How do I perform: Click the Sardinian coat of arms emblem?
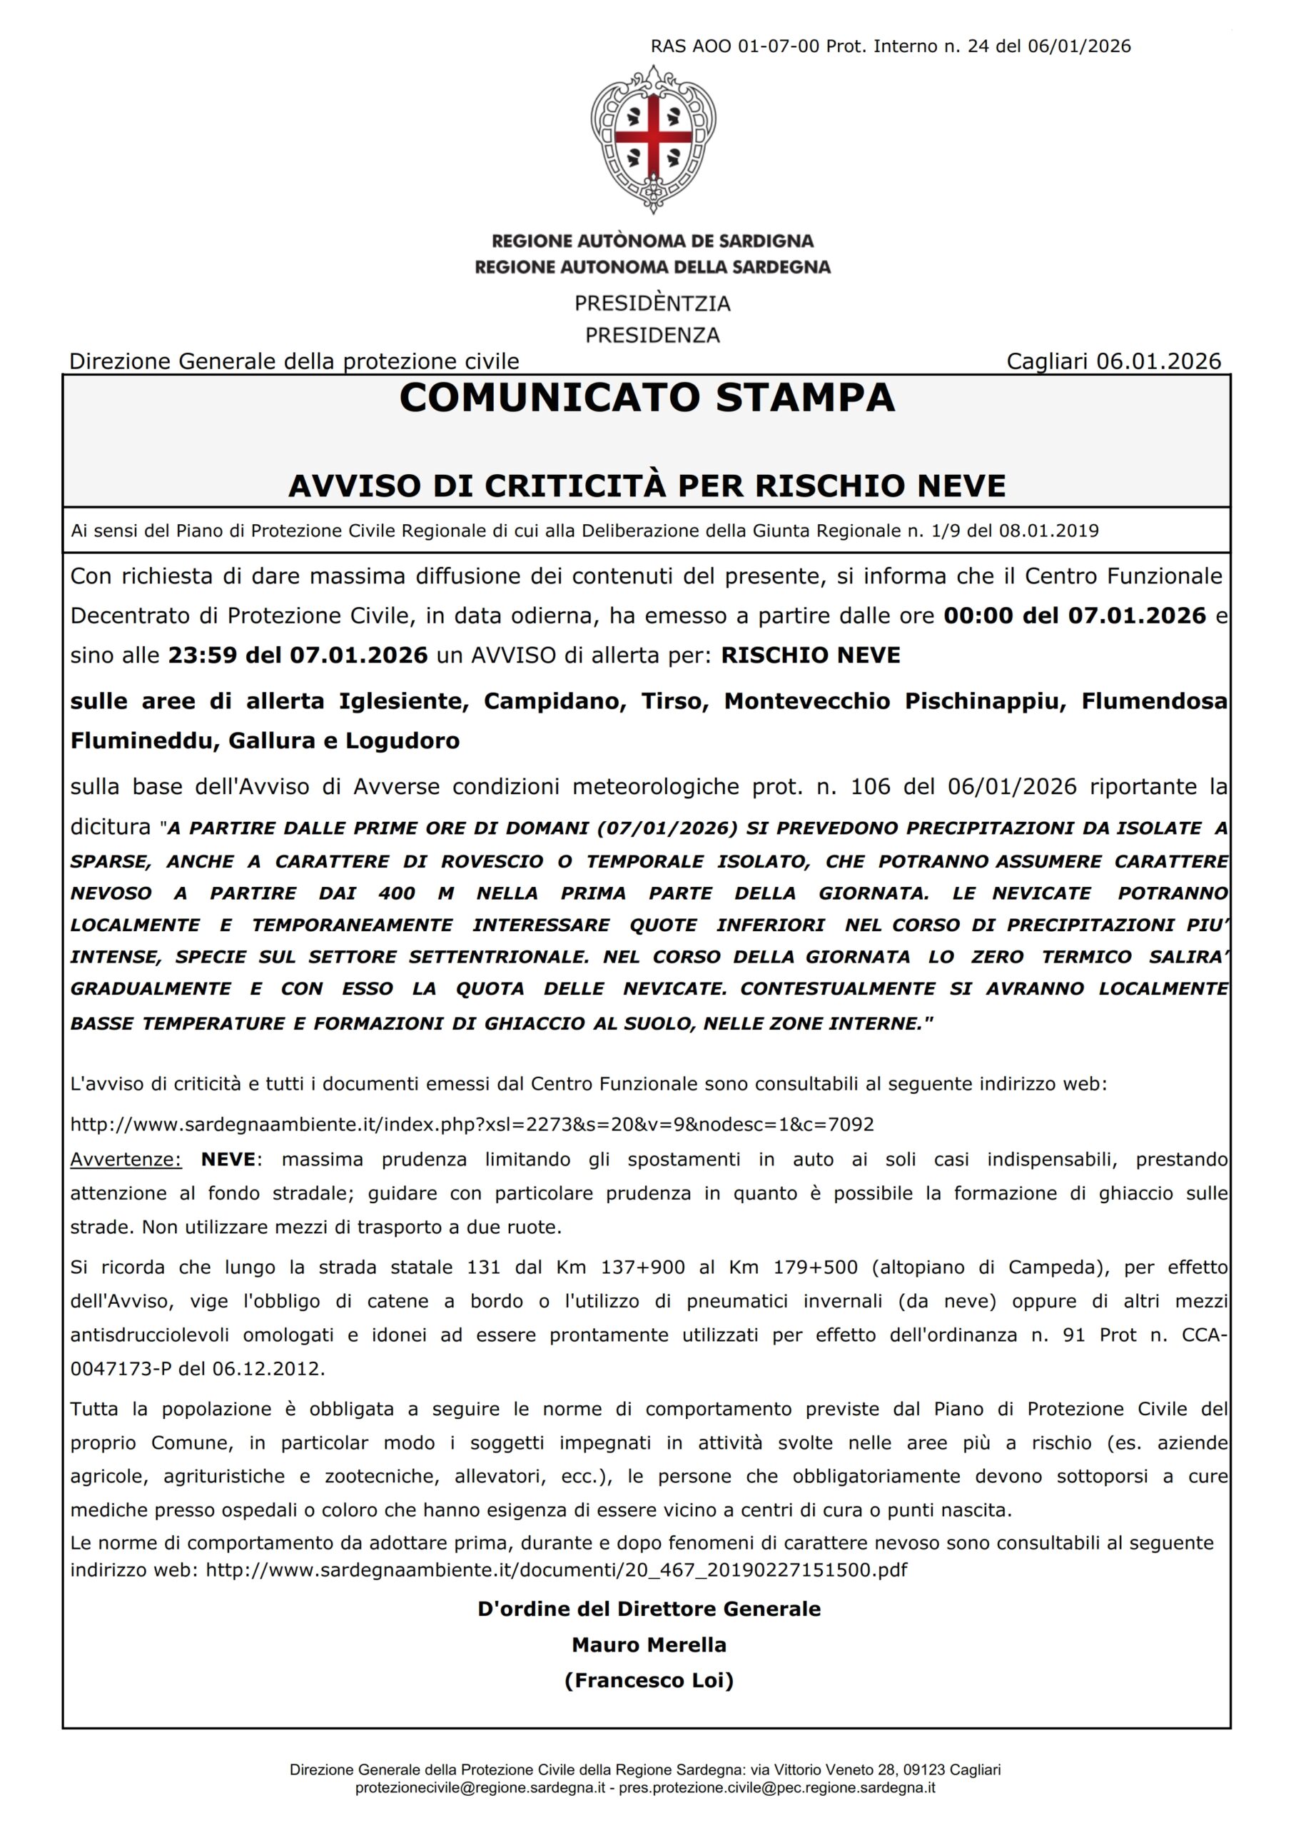coord(653,139)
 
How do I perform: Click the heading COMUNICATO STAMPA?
coord(647,398)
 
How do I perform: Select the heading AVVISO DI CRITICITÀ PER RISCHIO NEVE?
coord(647,486)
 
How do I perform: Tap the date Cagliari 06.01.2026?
coord(1113,361)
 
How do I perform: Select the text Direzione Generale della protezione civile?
coord(294,361)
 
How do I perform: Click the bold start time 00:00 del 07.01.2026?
coord(1075,616)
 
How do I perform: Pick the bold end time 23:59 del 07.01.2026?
coord(298,656)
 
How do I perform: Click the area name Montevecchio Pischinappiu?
coord(895,700)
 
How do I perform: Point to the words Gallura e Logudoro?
coord(344,740)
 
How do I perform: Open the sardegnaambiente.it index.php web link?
coord(472,1124)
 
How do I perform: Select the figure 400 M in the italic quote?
coord(415,893)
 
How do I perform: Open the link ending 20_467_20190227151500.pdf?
coord(557,1570)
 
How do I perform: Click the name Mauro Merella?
coord(649,1645)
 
